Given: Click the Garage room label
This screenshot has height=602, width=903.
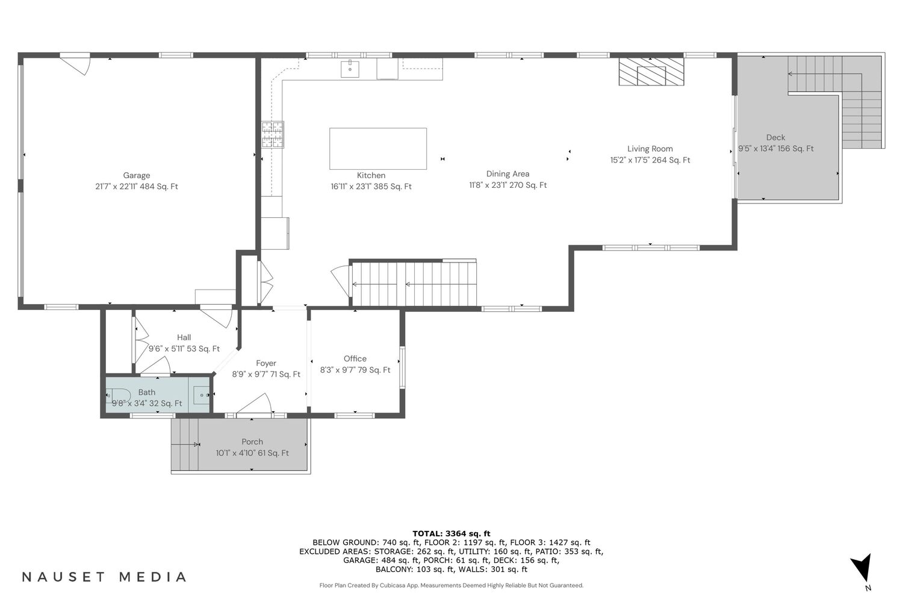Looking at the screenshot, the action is point(136,175).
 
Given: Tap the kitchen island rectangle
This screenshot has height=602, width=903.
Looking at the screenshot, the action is point(377,148).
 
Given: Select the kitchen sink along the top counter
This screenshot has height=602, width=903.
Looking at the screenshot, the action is point(350,69).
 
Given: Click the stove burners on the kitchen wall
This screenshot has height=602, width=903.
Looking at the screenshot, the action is point(273,134).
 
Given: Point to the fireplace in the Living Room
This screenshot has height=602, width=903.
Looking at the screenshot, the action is point(651,72).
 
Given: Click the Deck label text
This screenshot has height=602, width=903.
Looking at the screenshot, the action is point(775,137).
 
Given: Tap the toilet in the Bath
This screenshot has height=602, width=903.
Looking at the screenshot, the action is point(118,396).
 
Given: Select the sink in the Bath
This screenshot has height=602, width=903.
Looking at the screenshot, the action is point(202,395).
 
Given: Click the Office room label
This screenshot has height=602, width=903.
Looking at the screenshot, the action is point(355,358).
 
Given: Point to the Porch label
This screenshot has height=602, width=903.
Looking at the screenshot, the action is point(252,441).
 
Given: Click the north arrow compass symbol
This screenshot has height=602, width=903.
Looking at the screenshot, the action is point(862,569).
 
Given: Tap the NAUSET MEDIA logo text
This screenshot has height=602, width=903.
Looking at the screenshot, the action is point(104,577).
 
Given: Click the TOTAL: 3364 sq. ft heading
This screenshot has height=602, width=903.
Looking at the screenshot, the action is point(451,534).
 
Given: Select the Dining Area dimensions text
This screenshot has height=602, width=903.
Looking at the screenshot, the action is point(508,185).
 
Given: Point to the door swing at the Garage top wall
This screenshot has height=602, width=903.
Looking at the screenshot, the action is point(75,64).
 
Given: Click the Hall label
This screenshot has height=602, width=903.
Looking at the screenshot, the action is point(184,338).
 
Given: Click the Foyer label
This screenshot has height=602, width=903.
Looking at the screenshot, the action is point(266,363).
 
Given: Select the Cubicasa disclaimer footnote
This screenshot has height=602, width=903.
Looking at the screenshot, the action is point(451,586).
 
